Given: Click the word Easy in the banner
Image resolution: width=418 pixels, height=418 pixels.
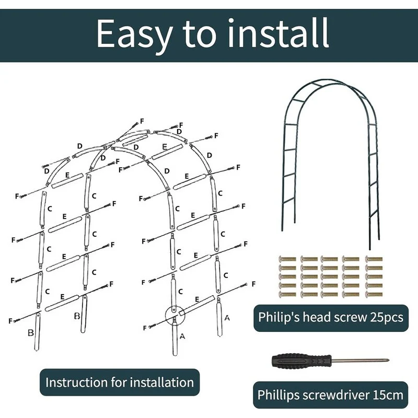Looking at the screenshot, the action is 134,34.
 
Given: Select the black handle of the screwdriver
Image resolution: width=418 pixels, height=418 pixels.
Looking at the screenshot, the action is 301,362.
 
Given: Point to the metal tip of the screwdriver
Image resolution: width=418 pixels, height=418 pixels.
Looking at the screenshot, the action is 388,361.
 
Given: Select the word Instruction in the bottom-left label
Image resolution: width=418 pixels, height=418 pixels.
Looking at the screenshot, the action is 76,382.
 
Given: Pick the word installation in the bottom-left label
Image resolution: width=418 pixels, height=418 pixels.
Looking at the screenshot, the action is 162,382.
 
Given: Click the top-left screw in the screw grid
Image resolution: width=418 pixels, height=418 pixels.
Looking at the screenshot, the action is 287,259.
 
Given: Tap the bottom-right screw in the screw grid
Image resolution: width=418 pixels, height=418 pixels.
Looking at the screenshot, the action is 374,295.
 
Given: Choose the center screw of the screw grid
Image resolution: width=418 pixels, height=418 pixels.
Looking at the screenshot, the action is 329,277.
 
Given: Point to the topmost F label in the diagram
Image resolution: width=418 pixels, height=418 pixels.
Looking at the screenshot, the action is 142,121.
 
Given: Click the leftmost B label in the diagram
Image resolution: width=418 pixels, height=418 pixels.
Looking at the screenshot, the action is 31,333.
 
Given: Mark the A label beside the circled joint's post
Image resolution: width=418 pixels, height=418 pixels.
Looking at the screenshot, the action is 182,336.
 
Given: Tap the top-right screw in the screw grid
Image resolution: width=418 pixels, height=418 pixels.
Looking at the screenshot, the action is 374,259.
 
